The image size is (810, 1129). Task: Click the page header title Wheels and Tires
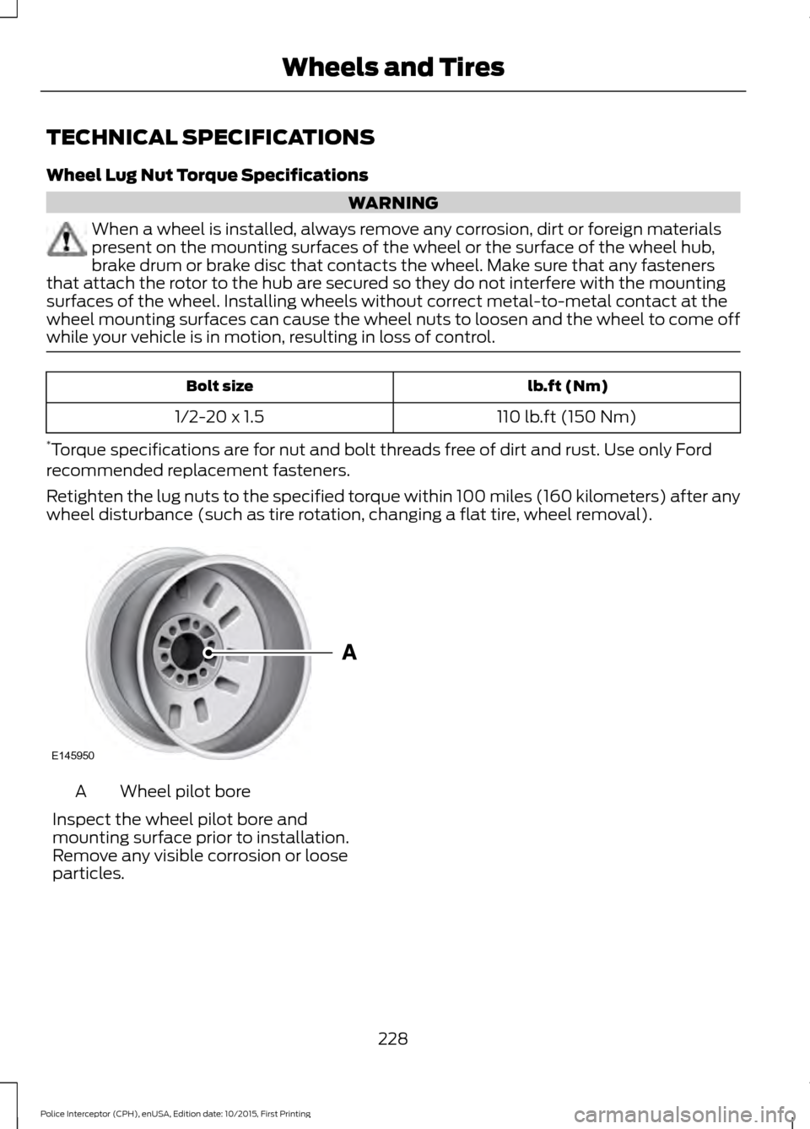point(393,66)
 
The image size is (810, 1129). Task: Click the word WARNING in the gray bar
point(393,203)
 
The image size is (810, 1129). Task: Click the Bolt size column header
point(219,386)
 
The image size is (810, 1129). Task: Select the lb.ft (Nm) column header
point(567,386)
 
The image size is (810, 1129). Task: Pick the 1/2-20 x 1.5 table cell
point(219,417)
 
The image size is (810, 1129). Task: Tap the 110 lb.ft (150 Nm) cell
point(567,417)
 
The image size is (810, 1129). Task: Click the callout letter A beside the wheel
point(348,653)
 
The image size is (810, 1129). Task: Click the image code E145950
point(72,757)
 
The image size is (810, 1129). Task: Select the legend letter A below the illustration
point(80,792)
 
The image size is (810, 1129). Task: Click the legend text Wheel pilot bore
point(185,792)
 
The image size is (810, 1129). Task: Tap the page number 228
point(393,1039)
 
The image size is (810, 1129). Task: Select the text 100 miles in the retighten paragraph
point(492,497)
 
